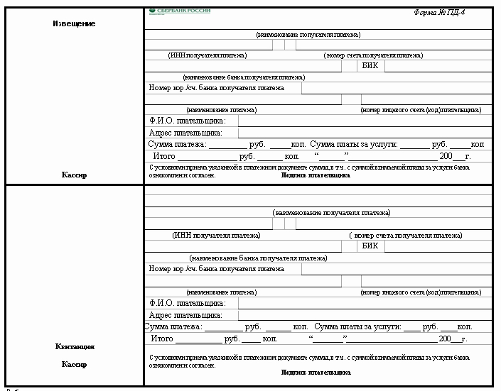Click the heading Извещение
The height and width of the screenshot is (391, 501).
coord(74,24)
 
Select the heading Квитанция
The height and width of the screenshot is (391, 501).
coord(74,347)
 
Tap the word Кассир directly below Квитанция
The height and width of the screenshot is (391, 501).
coord(74,365)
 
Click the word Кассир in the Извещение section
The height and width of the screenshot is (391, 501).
coord(74,175)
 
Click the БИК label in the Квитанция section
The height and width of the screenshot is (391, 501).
coord(370,246)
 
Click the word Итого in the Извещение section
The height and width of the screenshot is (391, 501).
coord(164,155)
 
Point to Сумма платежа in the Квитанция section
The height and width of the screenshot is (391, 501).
coord(173,327)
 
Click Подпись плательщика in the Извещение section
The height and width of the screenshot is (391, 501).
coord(316,175)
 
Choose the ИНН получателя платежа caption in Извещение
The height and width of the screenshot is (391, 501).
coord(208,55)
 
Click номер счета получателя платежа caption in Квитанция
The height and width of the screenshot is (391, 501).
coord(405,235)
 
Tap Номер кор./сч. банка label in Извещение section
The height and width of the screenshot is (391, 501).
coord(217,88)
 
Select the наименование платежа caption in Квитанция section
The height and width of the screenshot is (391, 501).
coord(221,292)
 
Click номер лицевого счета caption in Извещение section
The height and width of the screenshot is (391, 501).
coord(421,110)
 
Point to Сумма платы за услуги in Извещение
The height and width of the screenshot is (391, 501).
coord(354,144)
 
